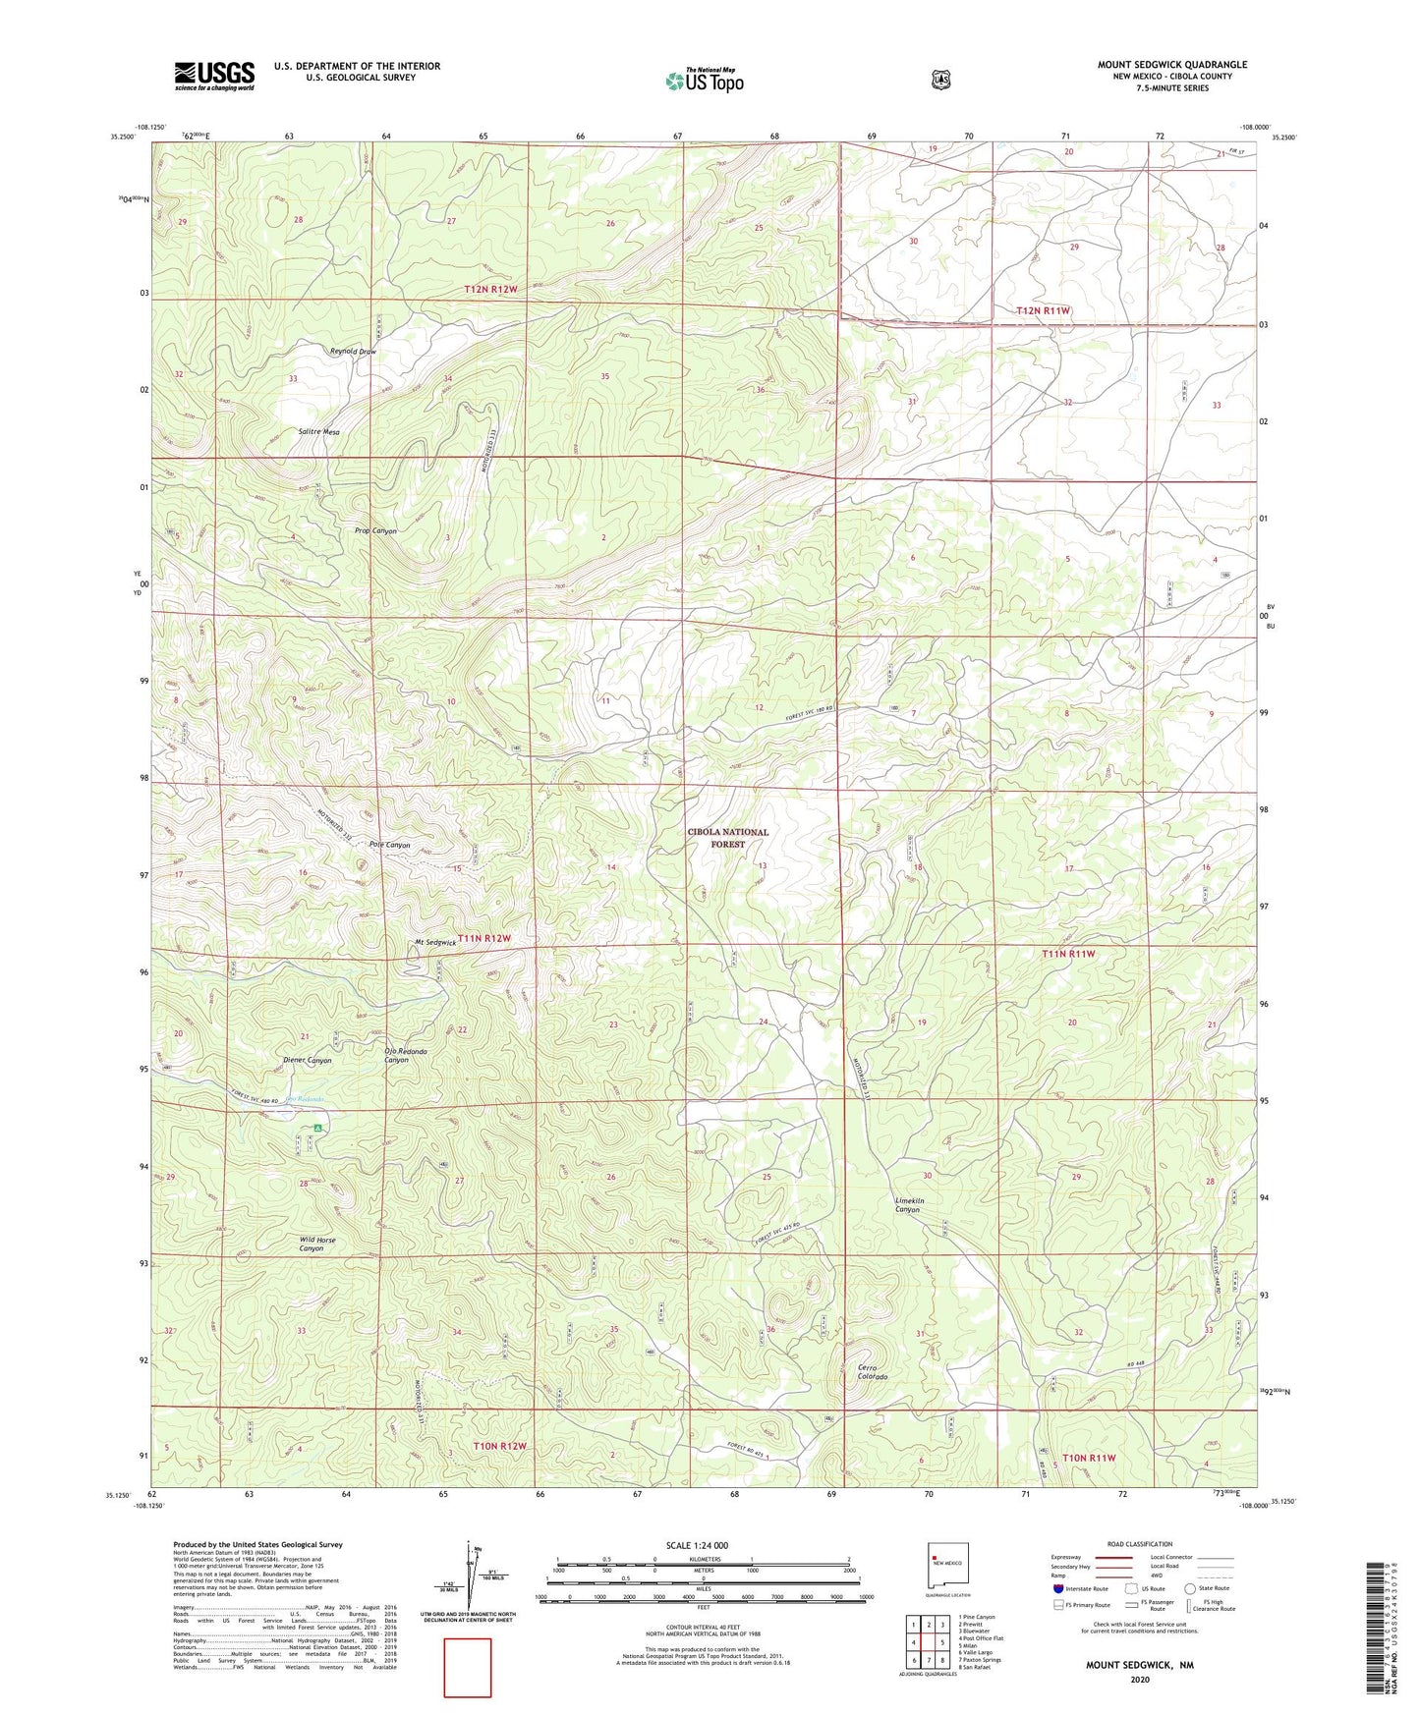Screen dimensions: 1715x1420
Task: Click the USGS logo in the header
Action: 214,76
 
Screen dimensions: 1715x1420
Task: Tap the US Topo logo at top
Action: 703,81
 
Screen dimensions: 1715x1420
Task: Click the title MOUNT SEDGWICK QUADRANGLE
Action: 1171,65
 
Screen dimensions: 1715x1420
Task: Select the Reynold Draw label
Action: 353,351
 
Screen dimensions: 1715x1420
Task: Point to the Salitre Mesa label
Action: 318,431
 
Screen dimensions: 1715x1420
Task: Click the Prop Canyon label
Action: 375,530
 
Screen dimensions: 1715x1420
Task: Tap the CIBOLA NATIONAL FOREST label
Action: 727,838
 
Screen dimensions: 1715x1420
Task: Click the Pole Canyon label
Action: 389,845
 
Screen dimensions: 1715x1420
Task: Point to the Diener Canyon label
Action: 307,1061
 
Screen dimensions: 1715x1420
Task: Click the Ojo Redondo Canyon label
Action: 396,1056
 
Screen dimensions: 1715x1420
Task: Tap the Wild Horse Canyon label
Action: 317,1244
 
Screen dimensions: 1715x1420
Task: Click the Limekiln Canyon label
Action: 907,1205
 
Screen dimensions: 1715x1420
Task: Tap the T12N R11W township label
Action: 1043,310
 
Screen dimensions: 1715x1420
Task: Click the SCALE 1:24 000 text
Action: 697,1545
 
